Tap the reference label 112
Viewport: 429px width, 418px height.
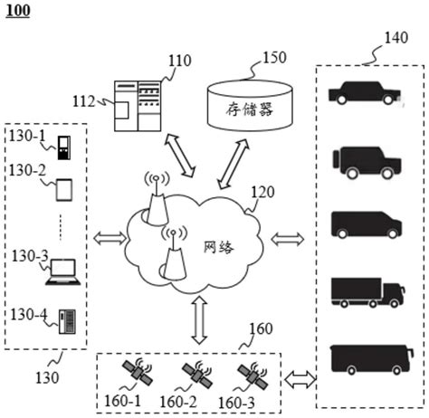(x=86, y=101)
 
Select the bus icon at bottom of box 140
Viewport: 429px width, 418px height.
(x=367, y=357)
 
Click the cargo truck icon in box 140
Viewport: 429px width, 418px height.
(x=367, y=290)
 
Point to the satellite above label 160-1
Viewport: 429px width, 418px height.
(x=138, y=372)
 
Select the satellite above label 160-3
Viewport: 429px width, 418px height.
(x=251, y=372)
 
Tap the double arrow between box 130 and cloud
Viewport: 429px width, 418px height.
(x=110, y=239)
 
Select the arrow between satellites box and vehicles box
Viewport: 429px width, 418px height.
(x=298, y=378)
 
